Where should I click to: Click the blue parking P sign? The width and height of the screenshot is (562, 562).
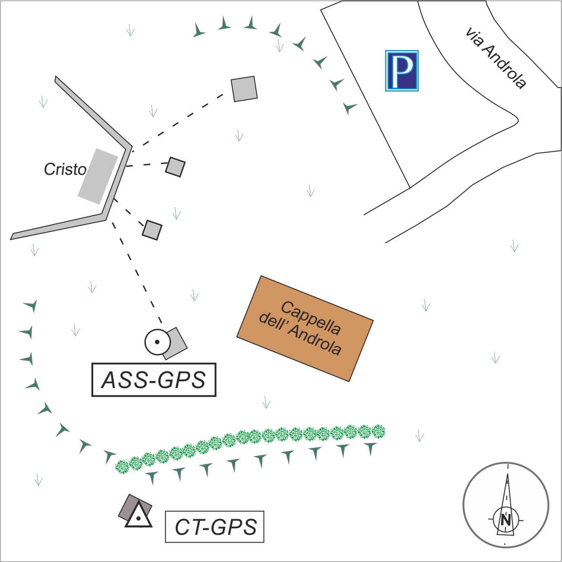coord(401,70)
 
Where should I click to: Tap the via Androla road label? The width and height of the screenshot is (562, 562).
coord(496,58)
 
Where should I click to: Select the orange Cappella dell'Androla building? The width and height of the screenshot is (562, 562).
coord(305,328)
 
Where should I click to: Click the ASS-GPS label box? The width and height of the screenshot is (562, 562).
coord(154,380)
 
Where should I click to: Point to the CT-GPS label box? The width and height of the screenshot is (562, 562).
coord(215,527)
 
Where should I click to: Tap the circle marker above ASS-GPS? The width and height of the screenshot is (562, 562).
coord(157,342)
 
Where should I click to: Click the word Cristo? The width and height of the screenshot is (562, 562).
coord(65,169)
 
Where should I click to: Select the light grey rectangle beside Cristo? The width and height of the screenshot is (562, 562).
coord(98,176)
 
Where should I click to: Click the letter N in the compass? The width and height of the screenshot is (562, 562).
coord(505,520)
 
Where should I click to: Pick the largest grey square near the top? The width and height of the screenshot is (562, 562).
coord(244,89)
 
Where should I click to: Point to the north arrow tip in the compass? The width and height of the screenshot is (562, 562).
coord(508,474)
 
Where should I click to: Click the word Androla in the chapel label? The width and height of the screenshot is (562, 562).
coord(315,340)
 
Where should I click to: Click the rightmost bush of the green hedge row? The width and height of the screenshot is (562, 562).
coord(378,431)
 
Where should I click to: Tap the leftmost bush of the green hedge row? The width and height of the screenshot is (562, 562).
coord(123,466)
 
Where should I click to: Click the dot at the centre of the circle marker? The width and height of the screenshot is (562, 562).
coord(157,342)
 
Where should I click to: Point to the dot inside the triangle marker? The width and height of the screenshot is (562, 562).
coord(139,518)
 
